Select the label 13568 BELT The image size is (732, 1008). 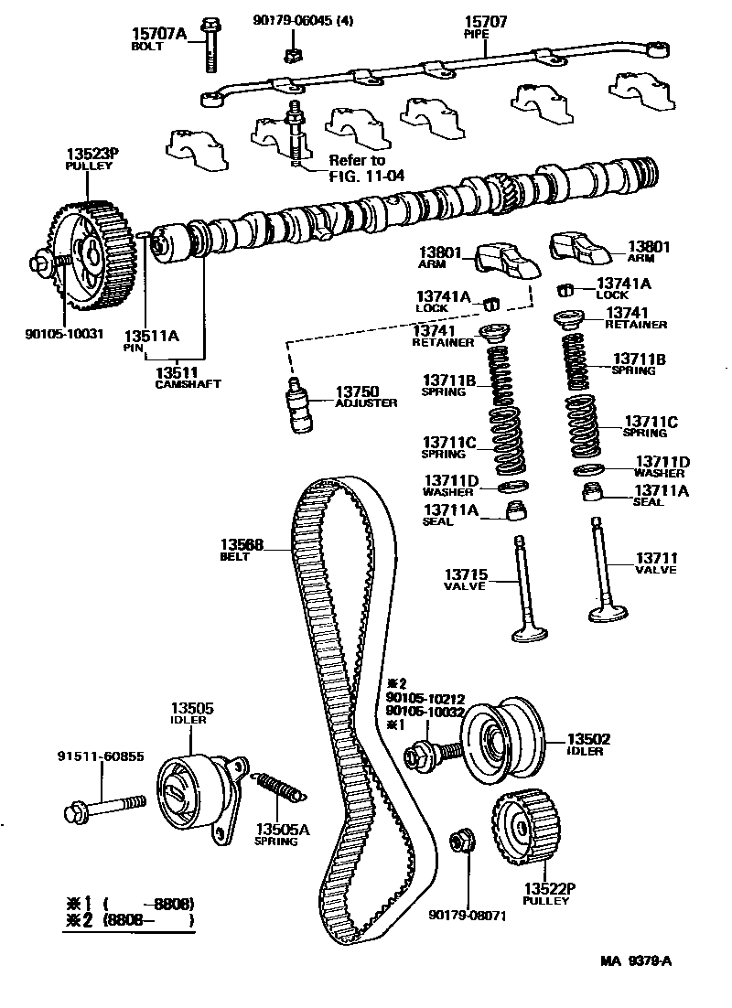(x=242, y=545)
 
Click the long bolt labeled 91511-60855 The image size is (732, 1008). (x=105, y=807)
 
